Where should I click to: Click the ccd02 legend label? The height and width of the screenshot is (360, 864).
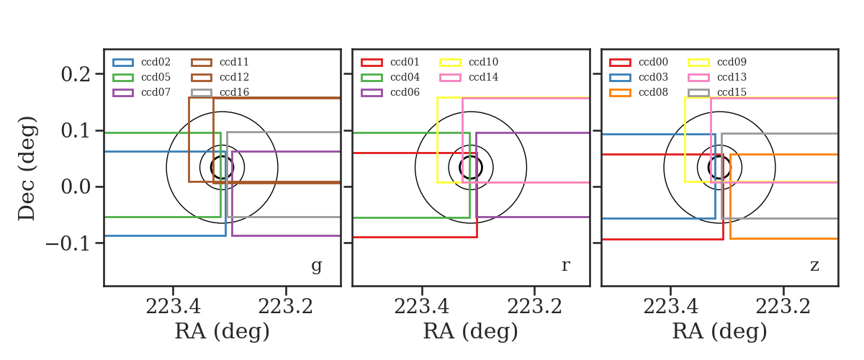pyautogui.click(x=156, y=62)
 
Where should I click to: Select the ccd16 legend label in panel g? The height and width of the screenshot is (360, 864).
pyautogui.click(x=234, y=92)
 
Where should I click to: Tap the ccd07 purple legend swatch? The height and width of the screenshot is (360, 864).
pyautogui.click(x=123, y=93)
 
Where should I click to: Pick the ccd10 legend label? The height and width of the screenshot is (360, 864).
pyautogui.click(x=483, y=62)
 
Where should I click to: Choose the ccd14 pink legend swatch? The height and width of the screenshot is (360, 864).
pyautogui.click(x=450, y=78)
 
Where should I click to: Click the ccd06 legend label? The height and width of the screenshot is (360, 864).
pyautogui.click(x=405, y=92)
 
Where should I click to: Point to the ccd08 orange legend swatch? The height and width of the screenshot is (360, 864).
pyautogui.click(x=620, y=93)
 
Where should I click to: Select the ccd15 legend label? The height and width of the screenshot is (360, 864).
pyautogui.click(x=732, y=92)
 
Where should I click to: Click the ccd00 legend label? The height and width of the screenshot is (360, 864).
pyautogui.click(x=654, y=62)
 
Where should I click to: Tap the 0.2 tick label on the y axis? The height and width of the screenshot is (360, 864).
pyautogui.click(x=76, y=74)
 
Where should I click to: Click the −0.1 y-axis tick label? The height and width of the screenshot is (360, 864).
pyautogui.click(x=68, y=243)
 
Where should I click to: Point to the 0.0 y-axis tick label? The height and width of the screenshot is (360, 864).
pyautogui.click(x=76, y=187)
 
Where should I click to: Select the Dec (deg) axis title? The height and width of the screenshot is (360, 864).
pyautogui.click(x=27, y=168)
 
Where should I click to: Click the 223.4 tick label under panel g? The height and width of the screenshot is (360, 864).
pyautogui.click(x=174, y=307)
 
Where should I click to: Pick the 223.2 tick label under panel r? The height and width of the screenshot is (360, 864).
pyautogui.click(x=534, y=307)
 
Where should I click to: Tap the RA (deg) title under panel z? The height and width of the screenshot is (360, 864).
pyautogui.click(x=720, y=331)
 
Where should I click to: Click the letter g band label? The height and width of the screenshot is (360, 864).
pyautogui.click(x=316, y=266)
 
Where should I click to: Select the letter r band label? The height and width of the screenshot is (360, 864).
pyautogui.click(x=565, y=265)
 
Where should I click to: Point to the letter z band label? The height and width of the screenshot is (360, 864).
pyautogui.click(x=814, y=266)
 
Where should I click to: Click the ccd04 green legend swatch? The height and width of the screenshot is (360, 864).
pyautogui.click(x=372, y=78)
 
